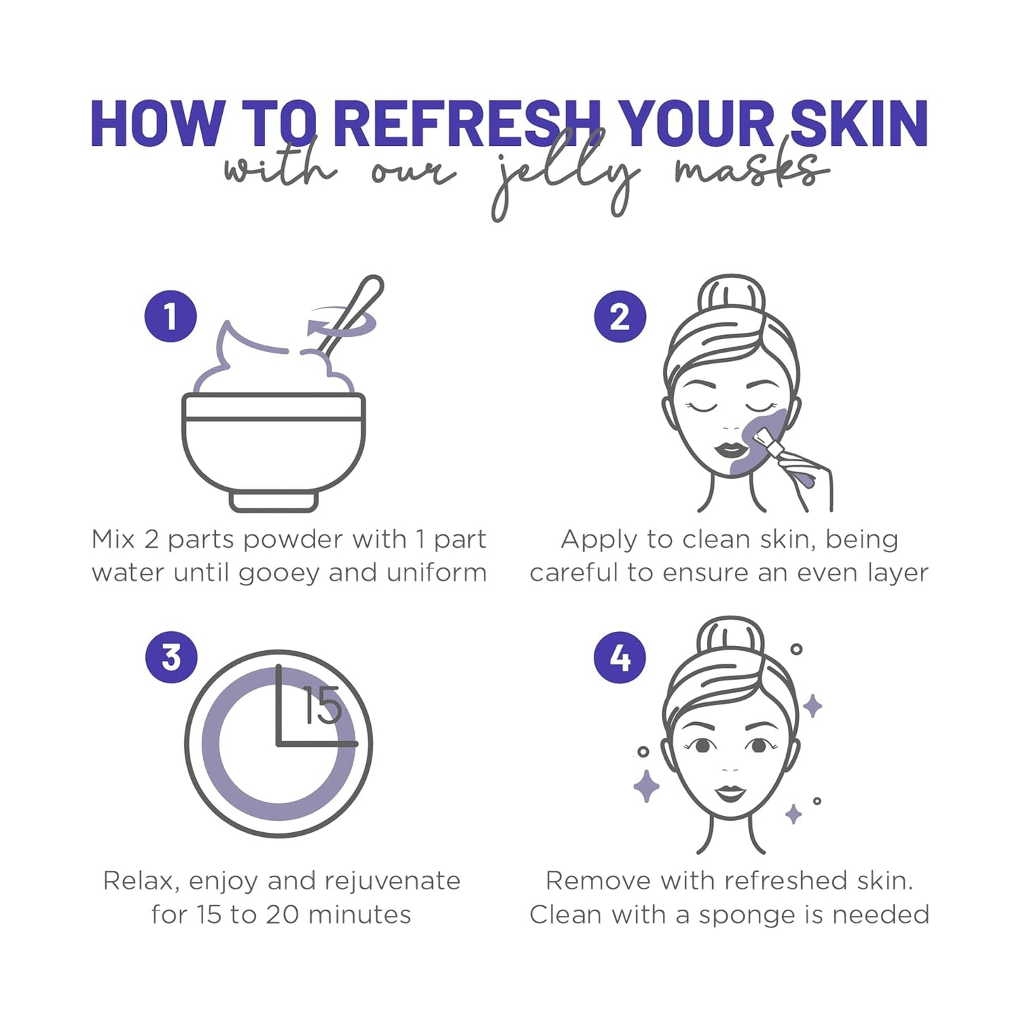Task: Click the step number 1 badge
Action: coord(170,317)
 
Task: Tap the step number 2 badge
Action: coord(620,317)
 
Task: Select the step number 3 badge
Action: coord(171,657)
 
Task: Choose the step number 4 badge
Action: coord(620,657)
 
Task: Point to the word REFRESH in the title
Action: coord(465,124)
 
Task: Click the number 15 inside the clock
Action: coord(322,706)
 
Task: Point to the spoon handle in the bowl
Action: coord(356,308)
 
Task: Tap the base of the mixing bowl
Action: coord(274,501)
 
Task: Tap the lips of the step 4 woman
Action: coord(731,793)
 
